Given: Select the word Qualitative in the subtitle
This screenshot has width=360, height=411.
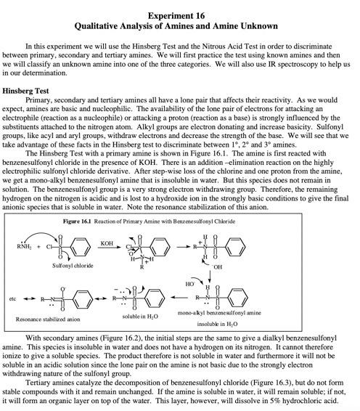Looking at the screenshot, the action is [x=110, y=25].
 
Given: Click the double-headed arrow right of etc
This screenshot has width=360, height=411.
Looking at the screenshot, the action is [x=31, y=299].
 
